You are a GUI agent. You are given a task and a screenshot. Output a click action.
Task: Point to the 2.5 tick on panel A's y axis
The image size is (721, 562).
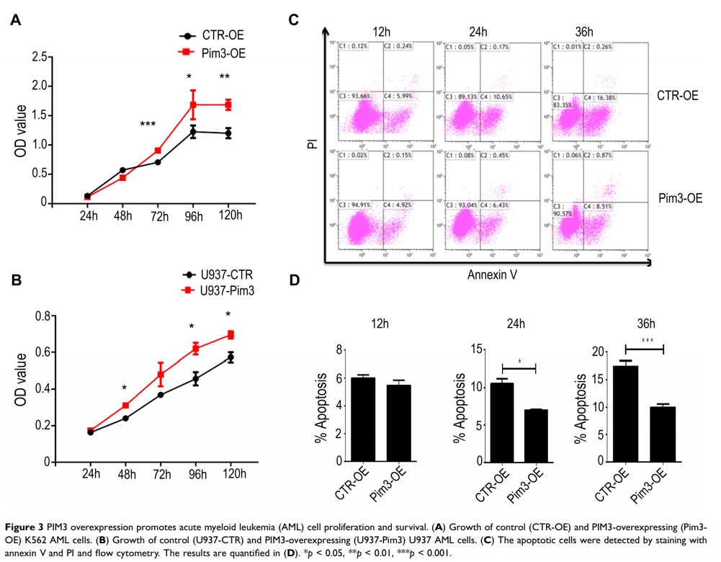coord(42,57)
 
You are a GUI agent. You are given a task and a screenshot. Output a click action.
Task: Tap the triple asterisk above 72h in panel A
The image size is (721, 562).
coord(148,125)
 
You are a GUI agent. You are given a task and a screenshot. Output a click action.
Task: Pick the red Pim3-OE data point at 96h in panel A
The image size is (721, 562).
coord(193,104)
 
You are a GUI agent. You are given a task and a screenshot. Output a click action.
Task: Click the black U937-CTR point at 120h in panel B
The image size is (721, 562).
coord(230,357)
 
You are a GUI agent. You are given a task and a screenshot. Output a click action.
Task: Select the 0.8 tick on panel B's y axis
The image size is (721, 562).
coord(41,316)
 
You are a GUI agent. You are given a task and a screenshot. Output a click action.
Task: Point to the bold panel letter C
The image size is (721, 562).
coord(294,19)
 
